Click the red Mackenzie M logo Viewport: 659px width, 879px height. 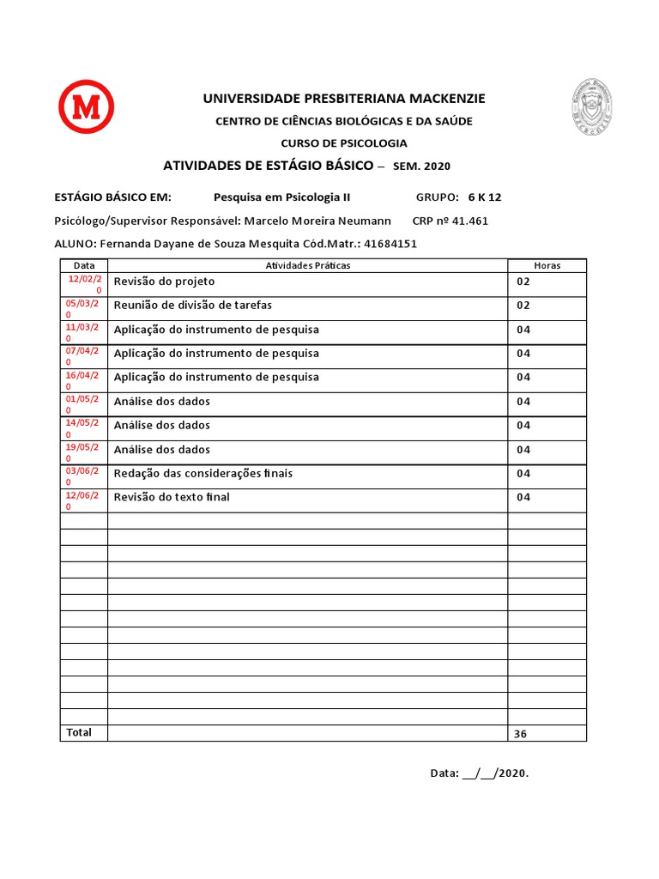86,106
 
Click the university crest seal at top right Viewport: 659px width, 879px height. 593,106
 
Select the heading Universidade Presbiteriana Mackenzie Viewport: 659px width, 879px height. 343,99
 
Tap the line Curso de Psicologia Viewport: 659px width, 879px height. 344,143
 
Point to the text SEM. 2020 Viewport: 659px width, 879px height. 421,166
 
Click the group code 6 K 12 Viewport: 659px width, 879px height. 485,197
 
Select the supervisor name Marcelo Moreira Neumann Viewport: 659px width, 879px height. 317,221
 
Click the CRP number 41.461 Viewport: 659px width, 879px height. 469,221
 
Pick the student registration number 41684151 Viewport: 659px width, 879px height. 390,243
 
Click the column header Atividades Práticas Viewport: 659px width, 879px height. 307,265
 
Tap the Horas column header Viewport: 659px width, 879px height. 547,265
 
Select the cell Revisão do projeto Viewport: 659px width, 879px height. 164,282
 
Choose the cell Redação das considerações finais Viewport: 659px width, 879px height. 209,474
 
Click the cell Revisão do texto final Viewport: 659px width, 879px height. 172,497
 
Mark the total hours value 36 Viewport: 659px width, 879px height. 520,734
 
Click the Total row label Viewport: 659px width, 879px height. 79,732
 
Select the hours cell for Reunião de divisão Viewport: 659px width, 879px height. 523,306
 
